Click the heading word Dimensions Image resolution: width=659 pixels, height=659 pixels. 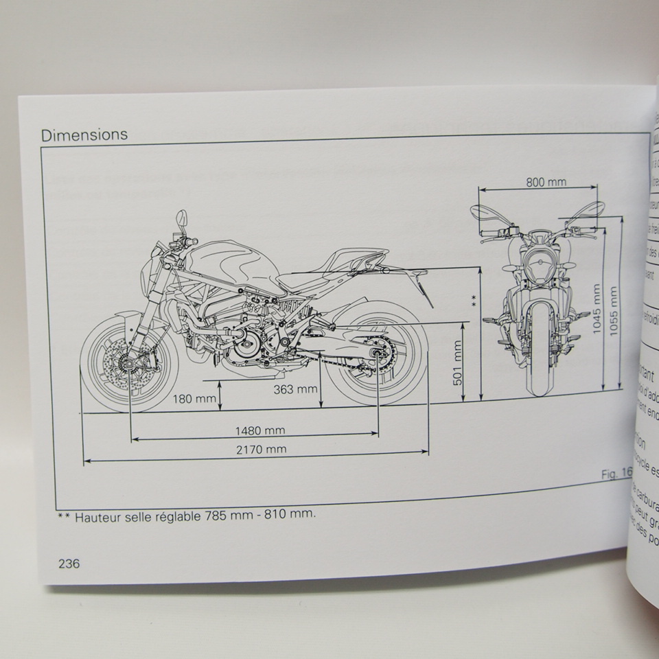(x=84, y=135)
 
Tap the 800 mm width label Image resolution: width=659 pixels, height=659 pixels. (x=546, y=182)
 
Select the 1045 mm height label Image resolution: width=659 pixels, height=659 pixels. (x=597, y=308)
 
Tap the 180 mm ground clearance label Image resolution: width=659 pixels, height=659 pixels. (x=193, y=398)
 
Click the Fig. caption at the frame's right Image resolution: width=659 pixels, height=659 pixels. (x=615, y=473)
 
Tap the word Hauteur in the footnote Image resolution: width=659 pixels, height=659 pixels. (x=102, y=515)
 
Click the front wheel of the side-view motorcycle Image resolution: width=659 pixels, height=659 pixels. (x=129, y=362)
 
